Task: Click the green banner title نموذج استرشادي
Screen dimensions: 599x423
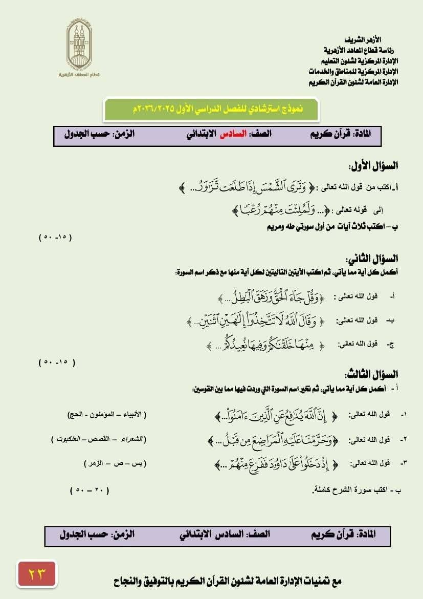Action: coord(211,109)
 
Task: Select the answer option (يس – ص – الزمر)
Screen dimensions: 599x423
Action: coord(115,463)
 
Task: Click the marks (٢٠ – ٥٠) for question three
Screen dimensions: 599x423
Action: coord(90,490)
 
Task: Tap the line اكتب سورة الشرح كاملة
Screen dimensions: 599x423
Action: coord(357,490)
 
